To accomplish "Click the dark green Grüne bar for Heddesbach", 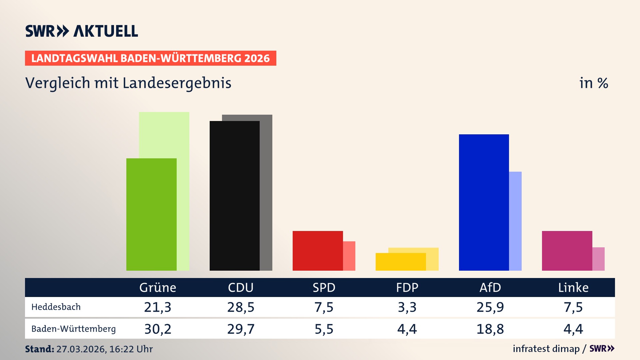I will pyautogui.click(x=151, y=214).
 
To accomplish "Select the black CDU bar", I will pyautogui.click(x=234, y=196).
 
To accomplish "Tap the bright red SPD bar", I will pyautogui.click(x=317, y=251).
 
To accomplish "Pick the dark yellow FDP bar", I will pyautogui.click(x=400, y=262).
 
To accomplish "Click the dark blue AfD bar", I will pyautogui.click(x=484, y=202).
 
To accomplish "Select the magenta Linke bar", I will pyautogui.click(x=567, y=251).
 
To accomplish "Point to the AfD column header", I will pyautogui.click(x=490, y=287).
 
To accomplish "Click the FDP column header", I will pyautogui.click(x=407, y=287).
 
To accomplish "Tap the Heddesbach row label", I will pyautogui.click(x=56, y=307).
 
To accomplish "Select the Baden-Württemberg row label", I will pyautogui.click(x=73, y=329).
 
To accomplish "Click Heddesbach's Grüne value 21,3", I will pyautogui.click(x=157, y=307).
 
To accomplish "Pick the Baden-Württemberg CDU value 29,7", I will pyautogui.click(x=241, y=329).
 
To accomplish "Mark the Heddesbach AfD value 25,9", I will pyautogui.click(x=490, y=307).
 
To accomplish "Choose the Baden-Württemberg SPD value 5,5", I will pyautogui.click(x=324, y=329).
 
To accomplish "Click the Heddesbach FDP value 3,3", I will pyautogui.click(x=407, y=307).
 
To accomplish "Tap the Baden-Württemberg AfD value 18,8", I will pyautogui.click(x=490, y=329).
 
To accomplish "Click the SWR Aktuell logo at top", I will pyautogui.click(x=82, y=31).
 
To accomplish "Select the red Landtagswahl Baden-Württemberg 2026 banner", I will pyautogui.click(x=150, y=58).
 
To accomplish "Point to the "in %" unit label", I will pyautogui.click(x=594, y=83).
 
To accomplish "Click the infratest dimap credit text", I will pyautogui.click(x=546, y=349).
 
